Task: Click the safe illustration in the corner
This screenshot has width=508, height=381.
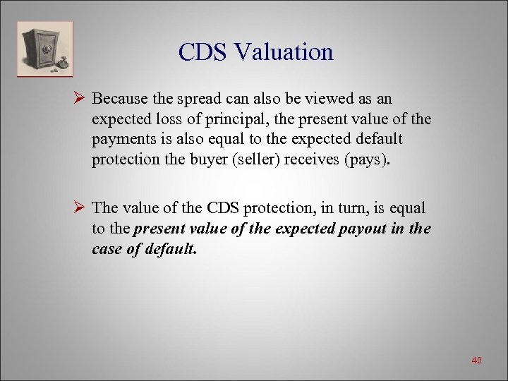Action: pyautogui.click(x=45, y=49)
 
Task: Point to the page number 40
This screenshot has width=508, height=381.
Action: pyautogui.click(x=476, y=361)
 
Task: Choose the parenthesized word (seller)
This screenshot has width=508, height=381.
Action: pyautogui.click(x=261, y=159)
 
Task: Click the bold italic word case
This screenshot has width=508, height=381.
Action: pyautogui.click(x=106, y=249)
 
